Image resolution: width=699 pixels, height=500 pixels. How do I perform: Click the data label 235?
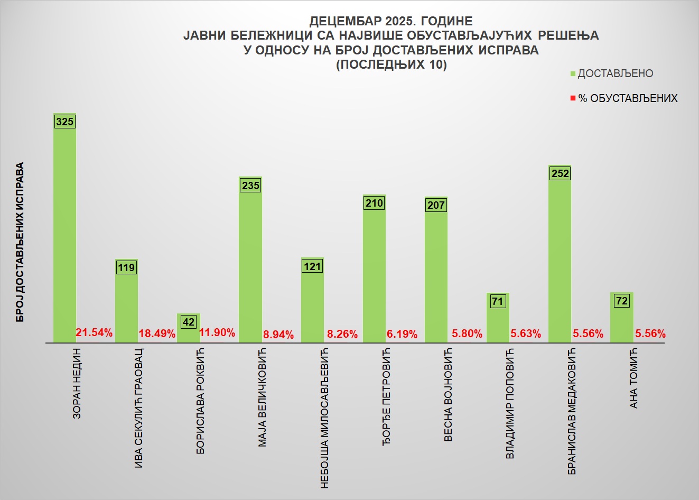(250, 186)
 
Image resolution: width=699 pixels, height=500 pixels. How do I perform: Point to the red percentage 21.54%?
(94, 332)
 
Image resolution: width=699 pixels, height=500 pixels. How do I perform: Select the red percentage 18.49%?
(157, 334)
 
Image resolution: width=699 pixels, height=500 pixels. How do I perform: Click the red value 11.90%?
(217, 332)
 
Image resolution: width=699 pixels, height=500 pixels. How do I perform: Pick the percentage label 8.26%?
(342, 334)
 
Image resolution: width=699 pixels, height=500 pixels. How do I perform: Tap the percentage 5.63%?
(525, 334)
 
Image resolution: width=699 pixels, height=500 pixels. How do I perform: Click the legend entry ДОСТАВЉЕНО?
(615, 73)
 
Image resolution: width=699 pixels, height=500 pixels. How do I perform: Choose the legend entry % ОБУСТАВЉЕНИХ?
(627, 98)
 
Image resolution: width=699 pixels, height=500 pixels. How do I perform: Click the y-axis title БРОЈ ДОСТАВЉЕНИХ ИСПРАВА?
(20, 242)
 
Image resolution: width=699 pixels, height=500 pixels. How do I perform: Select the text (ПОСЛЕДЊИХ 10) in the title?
(391, 64)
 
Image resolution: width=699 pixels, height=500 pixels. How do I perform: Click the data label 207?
(436, 205)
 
